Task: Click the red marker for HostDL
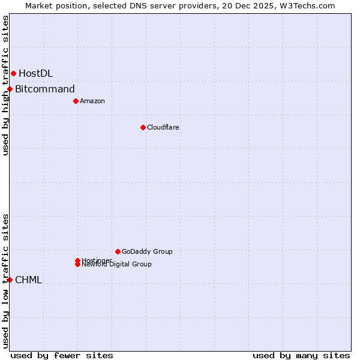pyautogui.click(x=13, y=73)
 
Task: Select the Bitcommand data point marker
pyautogui.click(x=10, y=89)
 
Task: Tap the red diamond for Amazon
pyautogui.click(x=76, y=101)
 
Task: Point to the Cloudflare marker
pyautogui.click(x=143, y=127)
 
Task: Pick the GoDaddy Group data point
pyautogui.click(x=118, y=251)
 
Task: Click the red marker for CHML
pyautogui.click(x=10, y=280)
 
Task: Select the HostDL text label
pyautogui.click(x=35, y=73)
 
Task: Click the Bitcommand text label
pyautogui.click(x=45, y=89)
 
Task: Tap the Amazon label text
pyautogui.click(x=92, y=101)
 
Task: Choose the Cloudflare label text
pyautogui.click(x=163, y=127)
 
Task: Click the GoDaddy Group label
pyautogui.click(x=147, y=251)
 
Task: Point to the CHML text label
pyautogui.click(x=28, y=280)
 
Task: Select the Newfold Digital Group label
pyautogui.click(x=118, y=265)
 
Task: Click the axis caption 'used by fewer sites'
pyautogui.click(x=62, y=355)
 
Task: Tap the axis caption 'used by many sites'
pyautogui.click(x=301, y=355)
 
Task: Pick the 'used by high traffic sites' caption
pyautogui.click(x=5, y=85)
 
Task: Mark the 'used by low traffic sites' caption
pyautogui.click(x=5, y=280)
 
